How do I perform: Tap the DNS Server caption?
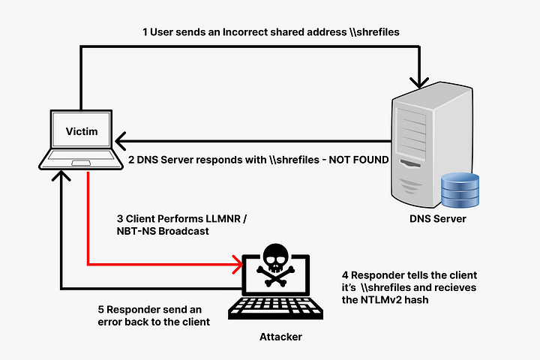(x=437, y=219)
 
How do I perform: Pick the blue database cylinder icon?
(x=460, y=191)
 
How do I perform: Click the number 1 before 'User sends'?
(x=145, y=32)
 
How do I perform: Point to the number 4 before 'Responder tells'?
(x=343, y=274)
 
